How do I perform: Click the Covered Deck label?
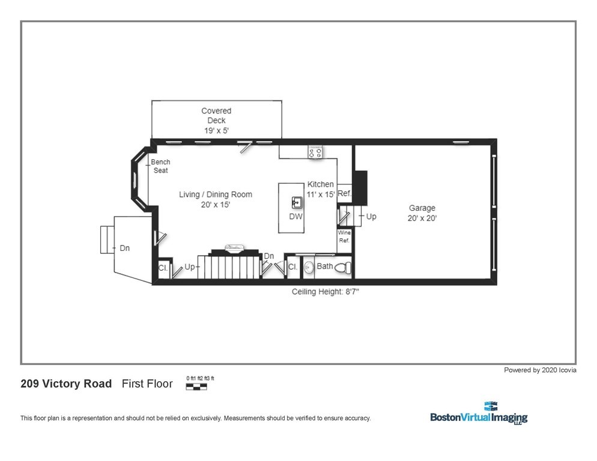click(216, 120)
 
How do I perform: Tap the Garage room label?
click(422, 213)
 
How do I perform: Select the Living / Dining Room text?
click(216, 199)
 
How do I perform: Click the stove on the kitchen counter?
click(315, 152)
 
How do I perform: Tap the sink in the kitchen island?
click(296, 202)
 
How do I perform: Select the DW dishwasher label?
click(296, 217)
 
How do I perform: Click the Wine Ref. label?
click(344, 237)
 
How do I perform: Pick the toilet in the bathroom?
click(342, 268)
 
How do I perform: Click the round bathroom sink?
click(309, 268)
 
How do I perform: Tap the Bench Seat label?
click(160, 166)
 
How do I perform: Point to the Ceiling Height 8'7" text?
click(326, 292)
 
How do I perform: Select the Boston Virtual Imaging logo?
click(478, 414)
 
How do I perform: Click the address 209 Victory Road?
click(66, 384)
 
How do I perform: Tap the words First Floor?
click(147, 384)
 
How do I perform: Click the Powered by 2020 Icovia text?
click(540, 370)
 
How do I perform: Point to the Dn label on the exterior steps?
click(124, 248)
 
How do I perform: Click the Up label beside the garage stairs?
click(371, 216)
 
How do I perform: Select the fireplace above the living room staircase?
click(234, 248)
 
